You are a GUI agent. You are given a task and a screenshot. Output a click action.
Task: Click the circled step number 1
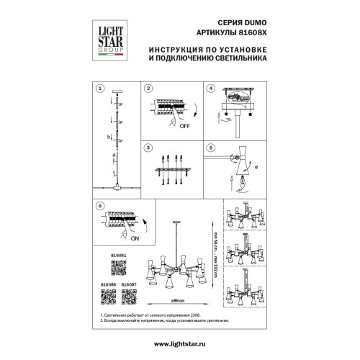[x=100, y=89]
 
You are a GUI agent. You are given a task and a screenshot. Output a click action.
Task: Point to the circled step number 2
[x=148, y=89]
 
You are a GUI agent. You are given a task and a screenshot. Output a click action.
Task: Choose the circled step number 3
[x=148, y=148]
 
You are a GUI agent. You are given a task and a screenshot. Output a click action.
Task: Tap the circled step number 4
[x=211, y=89]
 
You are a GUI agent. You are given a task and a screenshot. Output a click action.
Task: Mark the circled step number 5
[x=211, y=148]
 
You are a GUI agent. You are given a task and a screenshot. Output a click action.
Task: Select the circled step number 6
[x=100, y=206]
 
